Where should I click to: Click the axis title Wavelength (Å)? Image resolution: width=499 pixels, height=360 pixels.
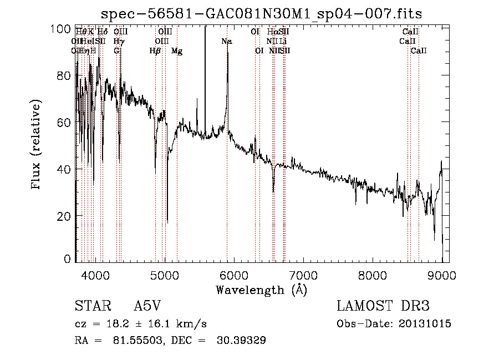coord(261,290)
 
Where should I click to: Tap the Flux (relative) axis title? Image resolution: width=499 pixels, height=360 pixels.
coord(37,145)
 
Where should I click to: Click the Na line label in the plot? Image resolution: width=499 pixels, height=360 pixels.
coord(226,41)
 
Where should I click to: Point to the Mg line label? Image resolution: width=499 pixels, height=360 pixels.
coord(177,51)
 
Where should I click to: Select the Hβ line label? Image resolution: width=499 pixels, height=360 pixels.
coord(155,51)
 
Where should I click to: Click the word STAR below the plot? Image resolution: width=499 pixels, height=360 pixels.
coord(91,306)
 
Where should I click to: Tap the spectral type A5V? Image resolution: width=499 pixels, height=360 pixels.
coord(147,306)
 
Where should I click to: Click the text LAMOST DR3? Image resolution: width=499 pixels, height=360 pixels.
coord(383,306)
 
